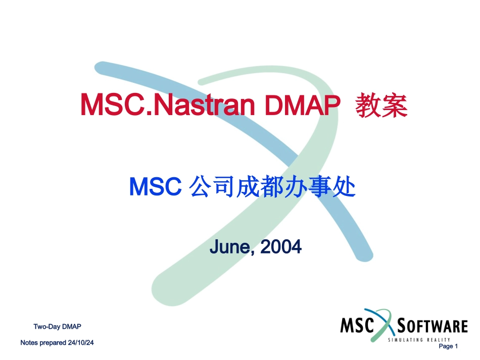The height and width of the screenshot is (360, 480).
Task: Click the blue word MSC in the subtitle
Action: [156, 188]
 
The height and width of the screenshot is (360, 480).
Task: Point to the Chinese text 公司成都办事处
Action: [272, 188]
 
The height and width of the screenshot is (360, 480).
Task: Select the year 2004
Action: [280, 247]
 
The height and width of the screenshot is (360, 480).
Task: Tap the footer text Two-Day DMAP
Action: [57, 326]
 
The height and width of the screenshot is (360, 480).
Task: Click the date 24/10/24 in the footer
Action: [81, 343]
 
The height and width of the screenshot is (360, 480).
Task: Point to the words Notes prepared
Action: [43, 343]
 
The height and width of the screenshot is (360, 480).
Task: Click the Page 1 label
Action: [448, 346]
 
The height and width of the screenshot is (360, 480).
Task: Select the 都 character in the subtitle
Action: [271, 188]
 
